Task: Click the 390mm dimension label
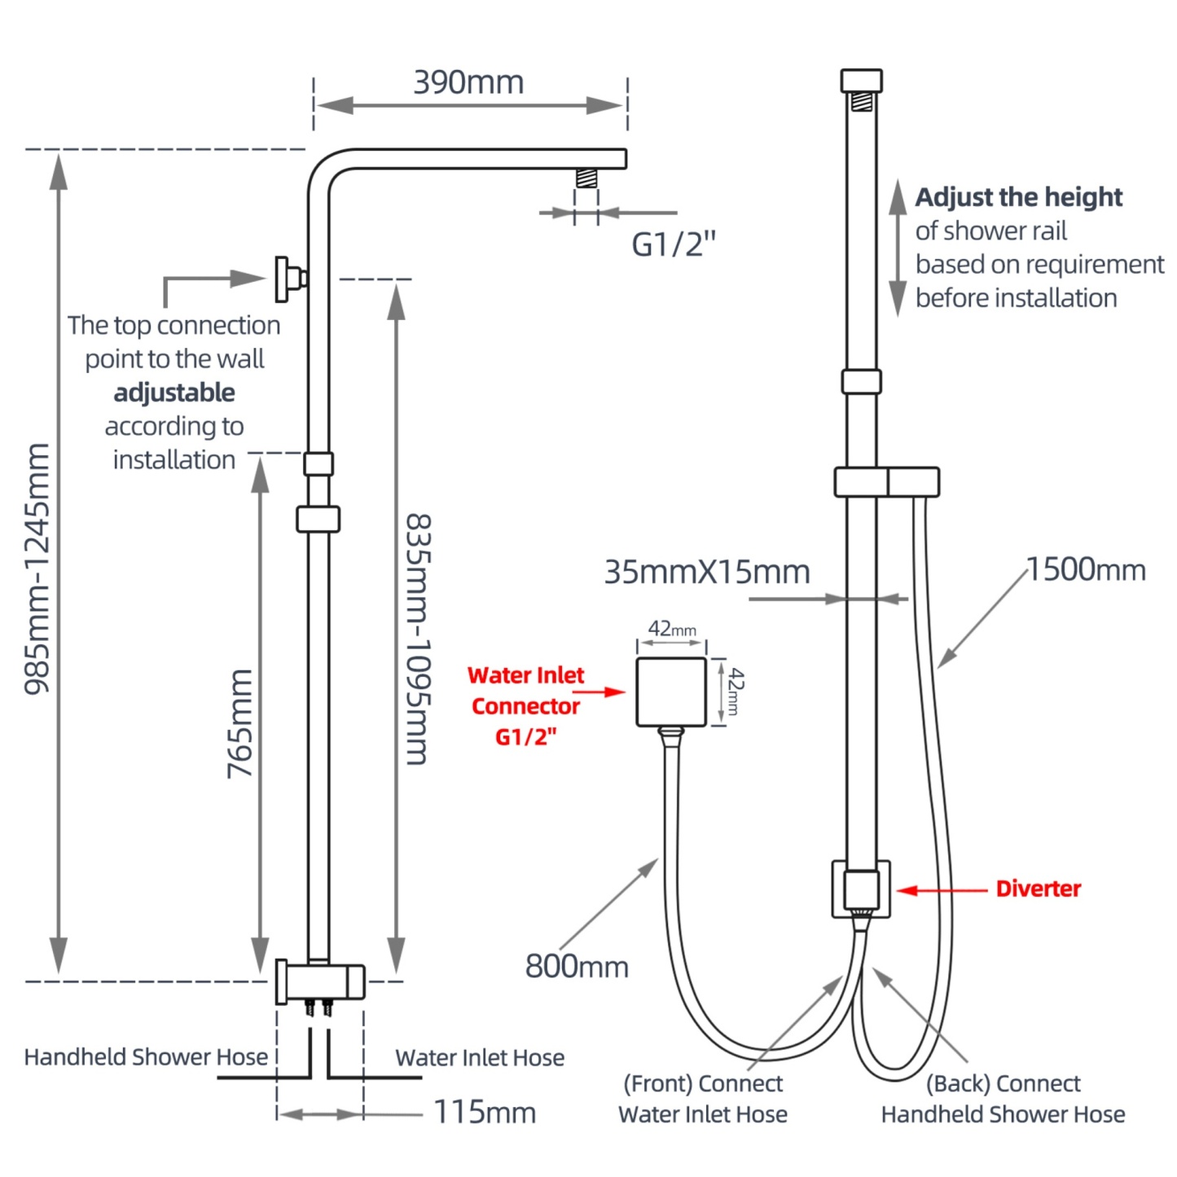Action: [x=468, y=82]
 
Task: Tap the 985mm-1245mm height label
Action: [x=37, y=568]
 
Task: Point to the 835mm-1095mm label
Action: [x=418, y=639]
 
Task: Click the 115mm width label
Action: [x=485, y=1112]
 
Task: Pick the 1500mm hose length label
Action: [x=1086, y=570]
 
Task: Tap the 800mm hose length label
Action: [x=577, y=967]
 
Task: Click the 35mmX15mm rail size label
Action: [x=707, y=572]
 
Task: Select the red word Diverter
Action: [x=1039, y=889]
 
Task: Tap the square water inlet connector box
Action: [x=671, y=692]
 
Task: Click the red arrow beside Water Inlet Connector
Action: [x=604, y=692]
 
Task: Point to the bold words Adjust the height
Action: [x=1019, y=197]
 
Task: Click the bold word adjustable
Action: [x=174, y=393]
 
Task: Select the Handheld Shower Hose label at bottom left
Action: [x=146, y=1057]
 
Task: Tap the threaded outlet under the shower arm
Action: [x=586, y=178]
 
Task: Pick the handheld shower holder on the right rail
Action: [x=887, y=482]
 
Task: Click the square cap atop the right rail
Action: [x=861, y=81]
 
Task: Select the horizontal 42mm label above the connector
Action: [x=672, y=629]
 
